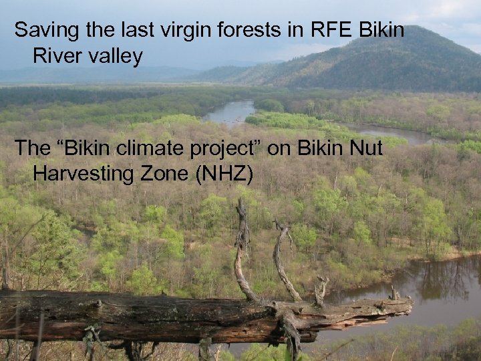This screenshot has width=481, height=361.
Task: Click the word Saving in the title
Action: [41, 31]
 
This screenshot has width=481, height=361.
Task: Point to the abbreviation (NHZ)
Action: [224, 175]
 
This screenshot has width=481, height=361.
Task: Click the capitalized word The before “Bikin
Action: [31, 149]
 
